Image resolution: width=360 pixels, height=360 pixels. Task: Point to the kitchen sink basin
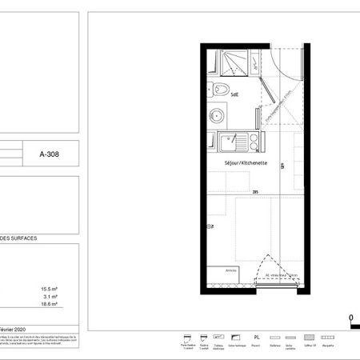(228, 144)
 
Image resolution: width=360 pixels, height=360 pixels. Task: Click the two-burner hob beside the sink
(254, 143)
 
